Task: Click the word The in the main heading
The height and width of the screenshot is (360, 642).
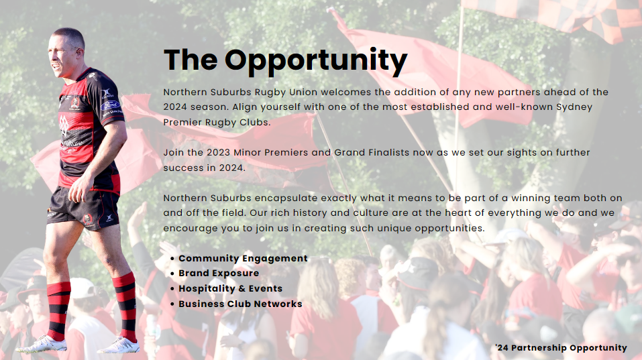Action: coord(191,60)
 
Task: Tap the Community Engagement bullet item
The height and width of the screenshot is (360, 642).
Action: coord(243,259)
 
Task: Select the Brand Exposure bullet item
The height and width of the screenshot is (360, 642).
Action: coord(219,274)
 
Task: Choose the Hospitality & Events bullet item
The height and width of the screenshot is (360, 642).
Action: coord(231,288)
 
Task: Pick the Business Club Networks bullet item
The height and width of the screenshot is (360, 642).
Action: coord(240,304)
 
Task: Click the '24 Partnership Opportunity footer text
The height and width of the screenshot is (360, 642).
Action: coord(561,348)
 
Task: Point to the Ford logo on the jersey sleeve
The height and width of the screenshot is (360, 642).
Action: coord(110,105)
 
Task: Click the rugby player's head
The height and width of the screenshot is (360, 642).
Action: coord(66,52)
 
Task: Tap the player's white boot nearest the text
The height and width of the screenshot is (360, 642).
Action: coord(119,346)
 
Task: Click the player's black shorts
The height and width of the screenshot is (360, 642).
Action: coord(84,208)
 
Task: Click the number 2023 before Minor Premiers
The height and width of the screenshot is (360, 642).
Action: coord(218,153)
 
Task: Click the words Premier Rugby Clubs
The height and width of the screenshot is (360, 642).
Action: coord(217,122)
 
